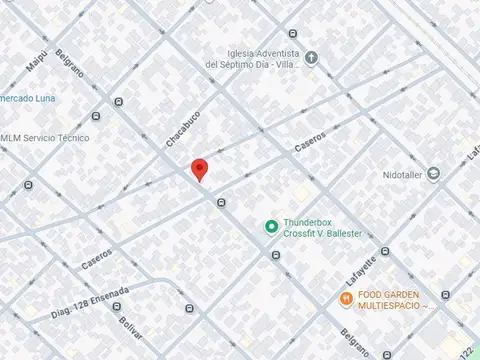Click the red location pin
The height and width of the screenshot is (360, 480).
tap(199, 169)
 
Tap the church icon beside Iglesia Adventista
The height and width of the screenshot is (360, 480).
tap(311, 58)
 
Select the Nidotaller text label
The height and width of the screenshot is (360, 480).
tap(403, 174)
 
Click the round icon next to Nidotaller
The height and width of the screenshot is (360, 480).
tap(433, 174)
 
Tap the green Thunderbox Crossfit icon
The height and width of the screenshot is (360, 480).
tap(270, 226)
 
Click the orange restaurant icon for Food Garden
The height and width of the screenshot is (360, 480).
tap(345, 297)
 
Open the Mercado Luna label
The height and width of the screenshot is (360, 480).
tap(27, 98)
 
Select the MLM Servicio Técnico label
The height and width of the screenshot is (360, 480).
tap(45, 138)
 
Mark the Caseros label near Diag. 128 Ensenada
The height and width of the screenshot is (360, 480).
tap(97, 260)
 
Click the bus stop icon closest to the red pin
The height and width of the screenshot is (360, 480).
tap(220, 203)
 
